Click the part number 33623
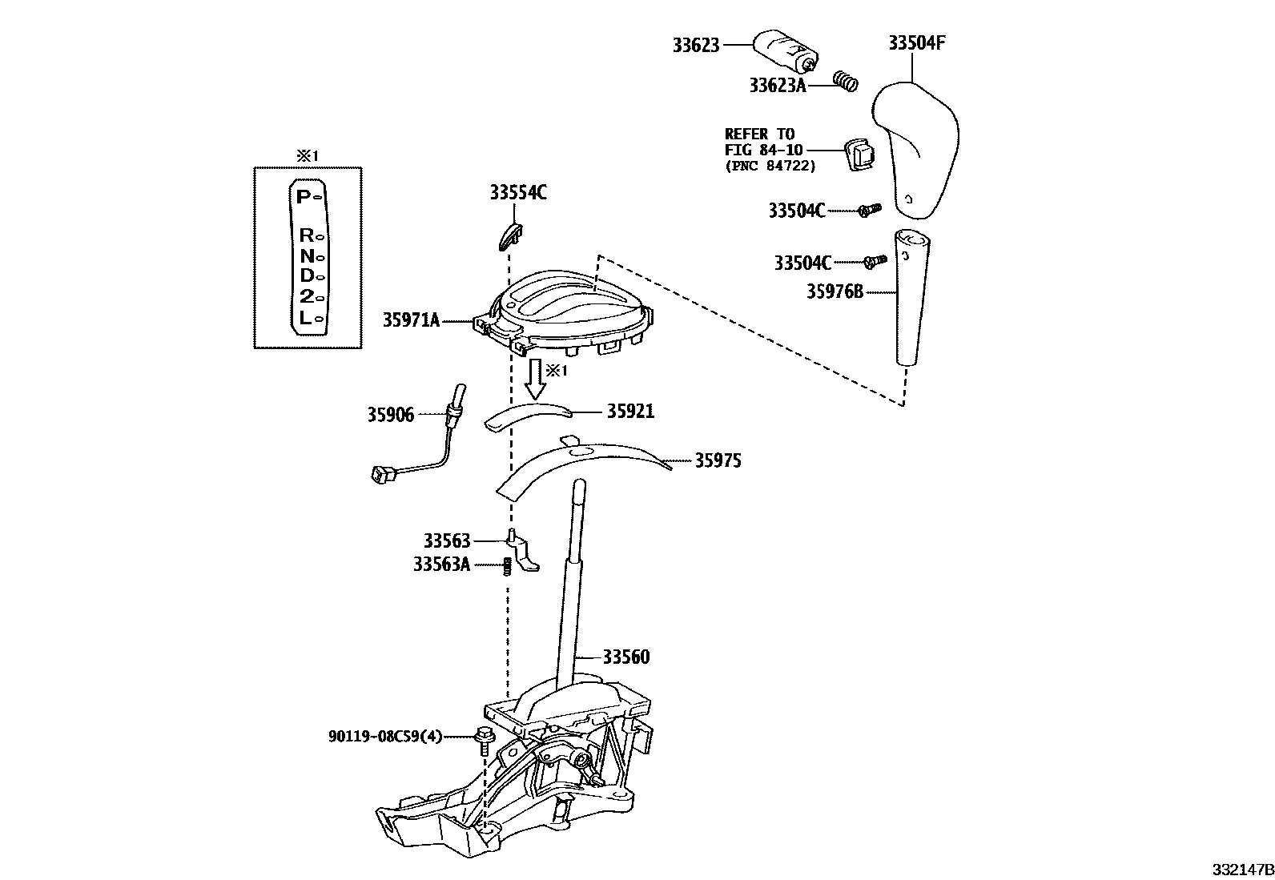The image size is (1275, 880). pos(696,46)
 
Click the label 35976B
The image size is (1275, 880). pos(835,292)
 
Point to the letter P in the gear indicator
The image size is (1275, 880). pos(302,196)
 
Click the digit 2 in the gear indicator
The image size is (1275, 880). pos(305,297)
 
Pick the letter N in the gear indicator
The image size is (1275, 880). pos(307,257)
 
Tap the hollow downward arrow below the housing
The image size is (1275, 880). pos(535,381)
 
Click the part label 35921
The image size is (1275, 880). pos(630,412)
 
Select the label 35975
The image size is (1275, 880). pos(718,460)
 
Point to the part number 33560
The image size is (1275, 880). pos(626,657)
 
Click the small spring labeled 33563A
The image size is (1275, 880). pos(507,565)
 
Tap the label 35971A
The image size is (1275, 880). pos(411,321)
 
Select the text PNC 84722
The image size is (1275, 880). pos(770,167)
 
